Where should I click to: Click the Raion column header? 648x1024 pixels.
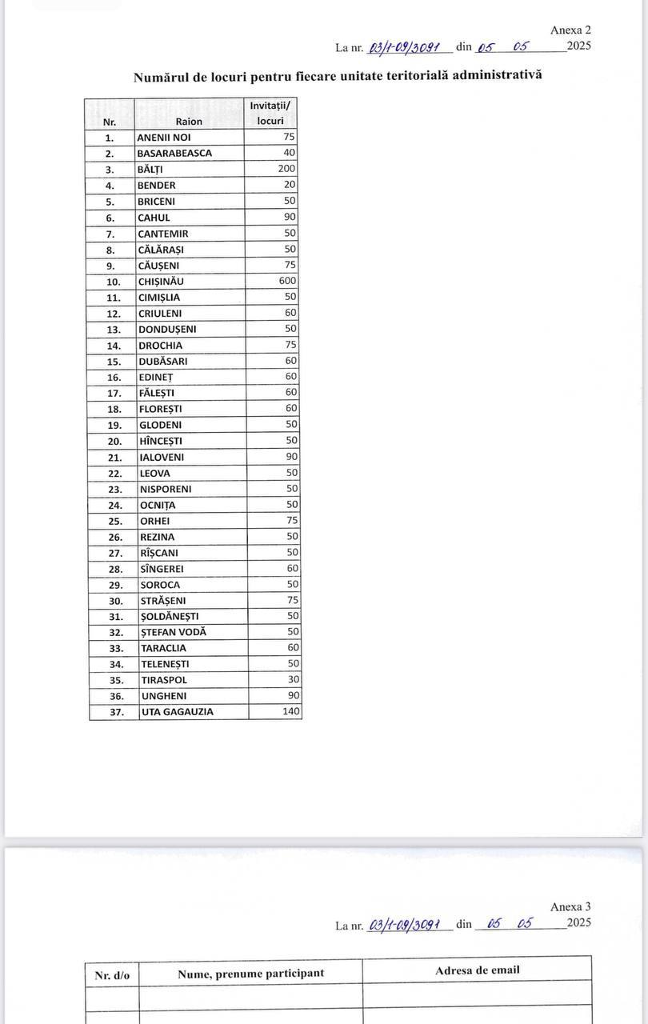[x=189, y=122]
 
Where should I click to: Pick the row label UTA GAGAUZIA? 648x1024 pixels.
[x=178, y=711]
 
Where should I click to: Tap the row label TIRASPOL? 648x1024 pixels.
[x=164, y=680]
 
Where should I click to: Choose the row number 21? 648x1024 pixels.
[x=114, y=458]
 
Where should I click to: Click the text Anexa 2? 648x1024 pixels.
[x=570, y=30]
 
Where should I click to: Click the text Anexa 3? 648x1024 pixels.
[x=570, y=907]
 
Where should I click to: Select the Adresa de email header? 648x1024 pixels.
[x=477, y=970]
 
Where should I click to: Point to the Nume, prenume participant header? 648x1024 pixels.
[x=250, y=974]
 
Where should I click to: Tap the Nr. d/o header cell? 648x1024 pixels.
[x=112, y=975]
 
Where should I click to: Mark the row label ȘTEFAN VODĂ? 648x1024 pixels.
[x=174, y=632]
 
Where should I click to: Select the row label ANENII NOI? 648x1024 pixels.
[x=164, y=138]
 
